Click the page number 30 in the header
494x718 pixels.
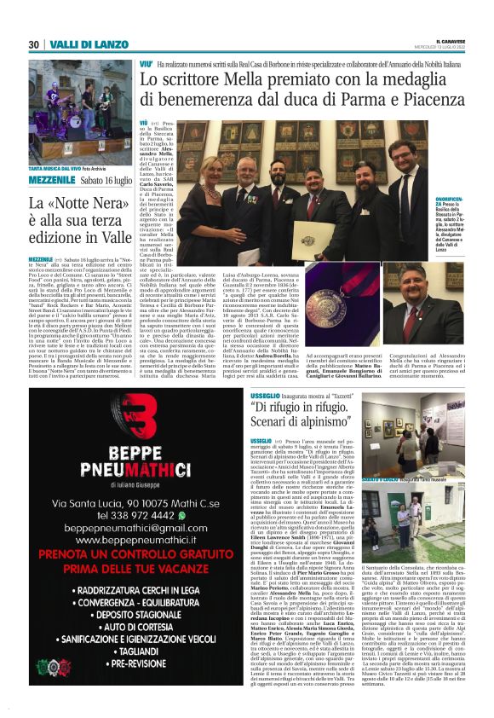34,44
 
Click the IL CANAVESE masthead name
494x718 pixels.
448,39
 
